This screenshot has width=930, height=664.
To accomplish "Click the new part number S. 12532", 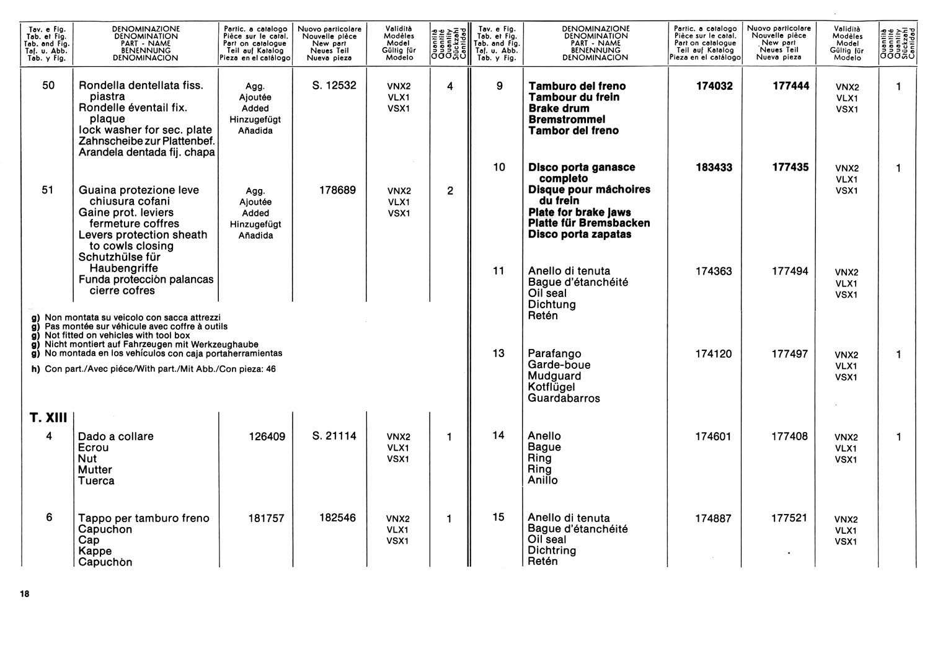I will click(x=335, y=86).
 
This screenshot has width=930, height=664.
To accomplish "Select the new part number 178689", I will click(x=338, y=190).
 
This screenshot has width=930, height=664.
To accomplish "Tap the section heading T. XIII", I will click(x=48, y=418).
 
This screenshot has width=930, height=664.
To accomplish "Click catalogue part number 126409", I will click(x=267, y=436).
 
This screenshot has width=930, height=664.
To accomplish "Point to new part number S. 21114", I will click(x=335, y=436).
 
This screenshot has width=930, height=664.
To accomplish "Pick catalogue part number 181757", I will click(x=267, y=518).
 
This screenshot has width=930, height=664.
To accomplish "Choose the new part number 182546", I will click(x=338, y=518).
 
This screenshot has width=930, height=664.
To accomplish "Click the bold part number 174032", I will click(x=714, y=86).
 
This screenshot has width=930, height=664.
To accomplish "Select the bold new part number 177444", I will click(x=790, y=86).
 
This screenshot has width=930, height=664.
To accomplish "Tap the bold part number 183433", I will click(x=714, y=167).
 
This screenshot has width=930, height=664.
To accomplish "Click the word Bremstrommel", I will click(x=567, y=119).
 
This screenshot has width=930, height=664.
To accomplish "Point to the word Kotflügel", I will click(x=551, y=387).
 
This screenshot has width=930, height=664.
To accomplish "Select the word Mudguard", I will click(x=554, y=376).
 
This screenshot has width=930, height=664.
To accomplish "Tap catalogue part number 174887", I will click(x=713, y=518).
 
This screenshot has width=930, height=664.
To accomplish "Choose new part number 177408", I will click(x=789, y=436).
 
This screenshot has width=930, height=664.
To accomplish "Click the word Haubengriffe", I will click(x=123, y=268).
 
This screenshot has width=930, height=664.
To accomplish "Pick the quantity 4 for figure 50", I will click(x=450, y=86).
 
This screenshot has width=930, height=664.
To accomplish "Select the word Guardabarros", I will click(x=564, y=398).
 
